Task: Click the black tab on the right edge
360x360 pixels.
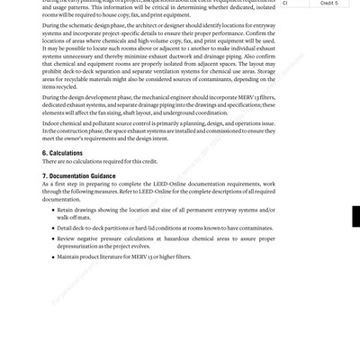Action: (x=355, y=217)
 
